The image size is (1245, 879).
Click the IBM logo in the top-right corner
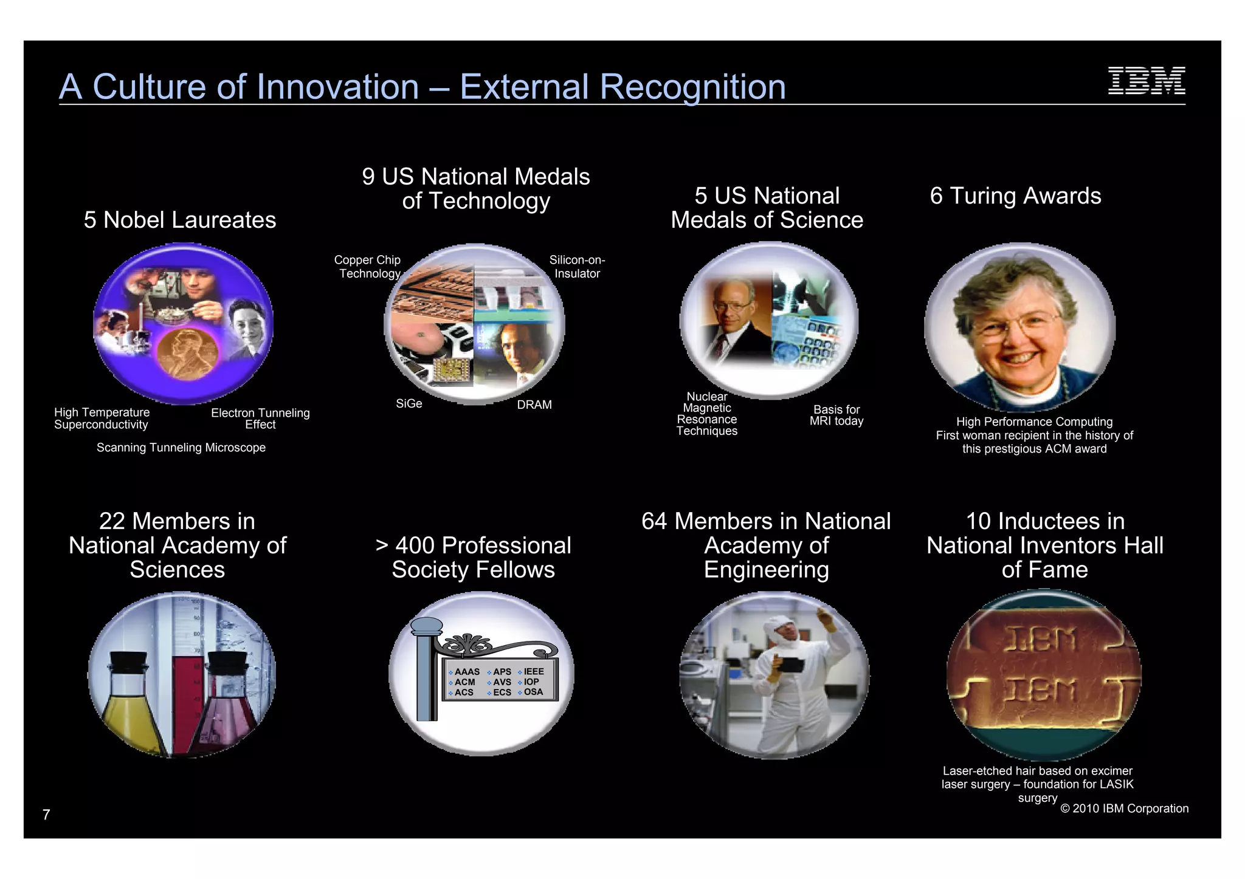(1146, 81)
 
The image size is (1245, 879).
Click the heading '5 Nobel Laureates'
(180, 220)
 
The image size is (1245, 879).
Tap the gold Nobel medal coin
(187, 354)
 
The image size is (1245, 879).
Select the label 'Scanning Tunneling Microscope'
(181, 448)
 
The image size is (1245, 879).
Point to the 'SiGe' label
(409, 404)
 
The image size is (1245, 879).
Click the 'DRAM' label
(534, 405)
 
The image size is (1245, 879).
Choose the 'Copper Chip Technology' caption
(368, 267)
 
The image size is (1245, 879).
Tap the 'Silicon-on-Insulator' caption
(577, 267)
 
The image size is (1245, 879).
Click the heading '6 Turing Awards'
(1015, 196)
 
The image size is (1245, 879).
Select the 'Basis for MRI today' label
(836, 416)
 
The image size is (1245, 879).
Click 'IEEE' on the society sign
(534, 671)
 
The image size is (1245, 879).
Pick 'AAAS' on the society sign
(467, 672)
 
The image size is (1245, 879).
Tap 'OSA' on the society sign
(533, 692)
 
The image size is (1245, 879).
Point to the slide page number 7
(46, 815)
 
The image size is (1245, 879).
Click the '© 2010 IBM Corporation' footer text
(1124, 809)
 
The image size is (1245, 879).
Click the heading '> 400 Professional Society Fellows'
(474, 558)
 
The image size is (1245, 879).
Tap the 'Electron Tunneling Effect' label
(260, 419)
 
